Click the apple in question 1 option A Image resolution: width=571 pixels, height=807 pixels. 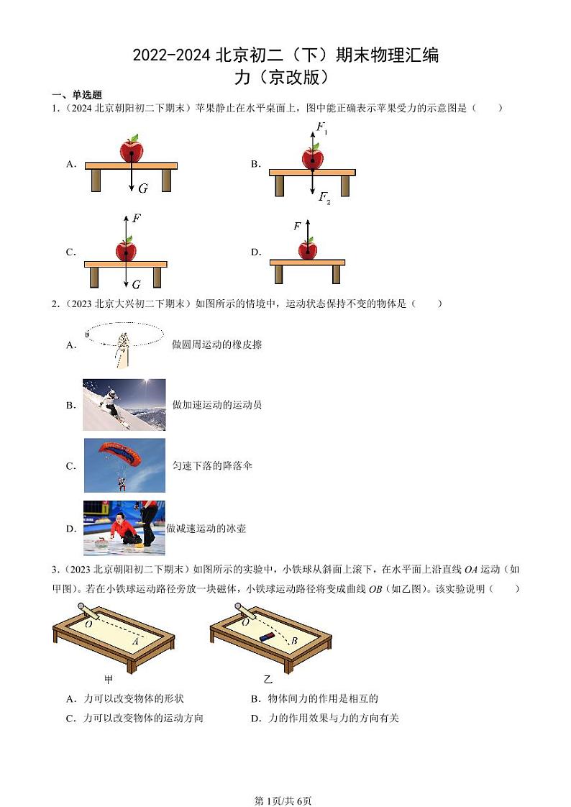[x=132, y=149]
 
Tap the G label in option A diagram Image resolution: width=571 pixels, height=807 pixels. [x=143, y=188]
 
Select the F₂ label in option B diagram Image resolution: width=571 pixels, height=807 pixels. [x=324, y=198]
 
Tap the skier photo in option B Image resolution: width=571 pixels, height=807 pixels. [x=124, y=404]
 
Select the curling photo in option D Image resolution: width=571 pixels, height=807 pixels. [x=124, y=528]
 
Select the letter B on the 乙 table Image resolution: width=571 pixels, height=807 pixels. [x=293, y=641]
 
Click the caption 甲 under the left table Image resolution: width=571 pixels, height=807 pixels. [x=109, y=679]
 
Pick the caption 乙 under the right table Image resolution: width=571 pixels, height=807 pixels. [x=268, y=679]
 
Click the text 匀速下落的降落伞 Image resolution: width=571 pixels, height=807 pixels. [x=212, y=466]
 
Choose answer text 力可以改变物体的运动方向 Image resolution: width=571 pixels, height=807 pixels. [x=143, y=718]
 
